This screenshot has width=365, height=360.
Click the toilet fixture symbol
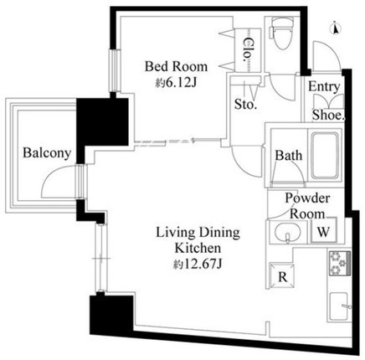280,33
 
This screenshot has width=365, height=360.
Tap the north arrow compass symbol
336,28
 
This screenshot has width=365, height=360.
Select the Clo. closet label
248,50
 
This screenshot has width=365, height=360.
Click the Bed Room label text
176,66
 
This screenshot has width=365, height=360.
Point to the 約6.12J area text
177,82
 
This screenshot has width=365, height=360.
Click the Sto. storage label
245,105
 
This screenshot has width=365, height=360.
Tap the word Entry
324,87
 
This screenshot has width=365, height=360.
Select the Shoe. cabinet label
328,115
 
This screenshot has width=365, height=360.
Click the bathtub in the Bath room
325,156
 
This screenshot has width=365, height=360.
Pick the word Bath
289,156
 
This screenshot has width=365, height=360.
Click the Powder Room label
307,206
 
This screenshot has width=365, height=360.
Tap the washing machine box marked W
323,230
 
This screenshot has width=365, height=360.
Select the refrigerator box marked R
282,275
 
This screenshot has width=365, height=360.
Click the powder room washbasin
287,232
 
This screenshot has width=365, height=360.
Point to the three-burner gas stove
340,263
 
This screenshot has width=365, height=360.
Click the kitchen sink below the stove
339,306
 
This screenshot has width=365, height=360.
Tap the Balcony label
47,153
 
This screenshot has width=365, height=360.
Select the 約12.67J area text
198,264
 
